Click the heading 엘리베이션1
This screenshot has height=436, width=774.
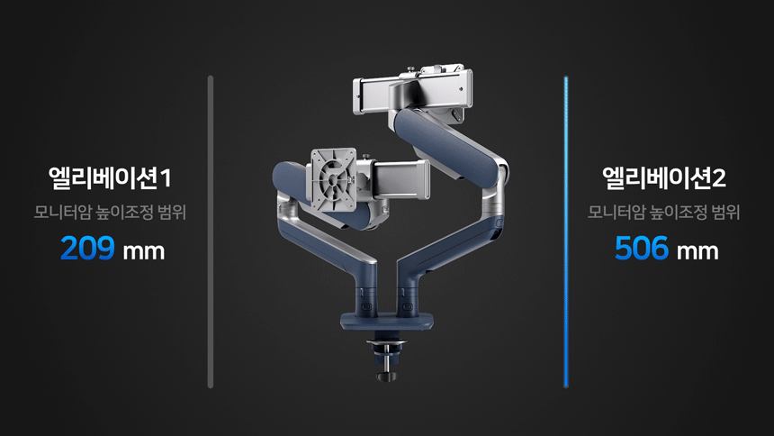pyautogui.click(x=110, y=178)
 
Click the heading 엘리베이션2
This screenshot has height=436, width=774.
pyautogui.click(x=664, y=178)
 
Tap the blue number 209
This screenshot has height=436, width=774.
pyautogui.click(x=87, y=248)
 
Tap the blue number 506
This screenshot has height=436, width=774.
pyautogui.click(x=642, y=248)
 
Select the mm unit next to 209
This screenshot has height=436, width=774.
pyautogui.click(x=144, y=251)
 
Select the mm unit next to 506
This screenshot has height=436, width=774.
pyautogui.click(x=697, y=251)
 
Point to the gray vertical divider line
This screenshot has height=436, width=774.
pyautogui.click(x=211, y=232)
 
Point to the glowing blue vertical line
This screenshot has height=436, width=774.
pyautogui.click(x=566, y=232)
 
